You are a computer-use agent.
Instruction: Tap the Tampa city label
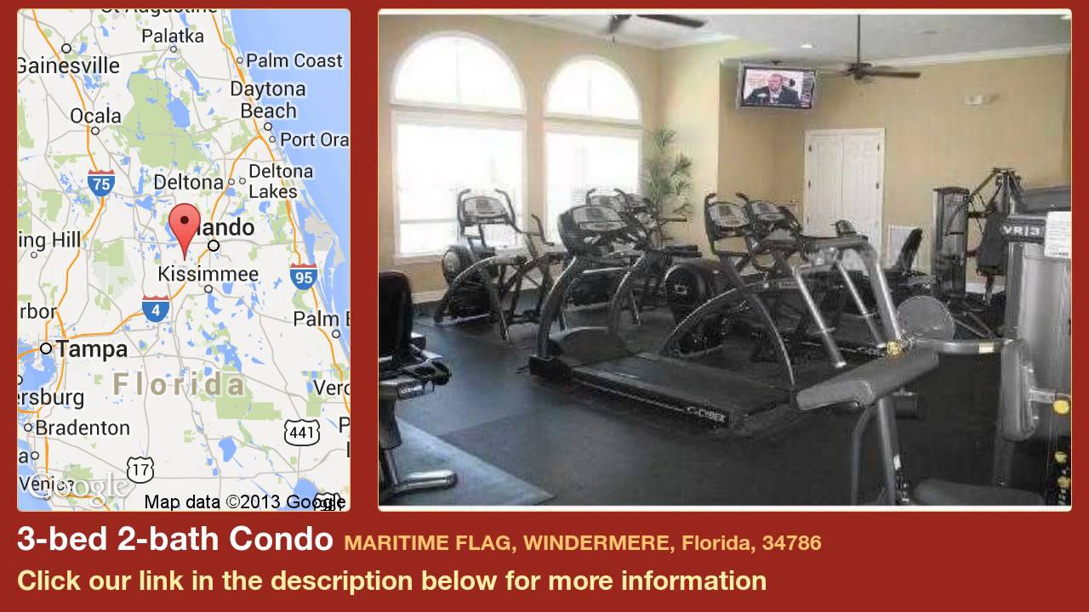pos(91,348)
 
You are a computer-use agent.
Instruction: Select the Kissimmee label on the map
pos(208,274)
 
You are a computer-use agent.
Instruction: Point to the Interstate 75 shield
pos(100,182)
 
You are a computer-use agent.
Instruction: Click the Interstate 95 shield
pos(303,275)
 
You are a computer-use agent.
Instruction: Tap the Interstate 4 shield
pos(155,309)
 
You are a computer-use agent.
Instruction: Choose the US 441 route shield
pos(302,432)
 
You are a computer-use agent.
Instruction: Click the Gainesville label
pos(69,65)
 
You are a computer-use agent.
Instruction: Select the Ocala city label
pos(95,116)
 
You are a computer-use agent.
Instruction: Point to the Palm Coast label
pos(294,61)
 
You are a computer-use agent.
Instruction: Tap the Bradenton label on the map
pos(83,427)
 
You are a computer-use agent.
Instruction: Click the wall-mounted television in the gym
pos(776,87)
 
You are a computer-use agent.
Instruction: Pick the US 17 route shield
pos(140,467)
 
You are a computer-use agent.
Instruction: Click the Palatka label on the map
pos(172,36)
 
